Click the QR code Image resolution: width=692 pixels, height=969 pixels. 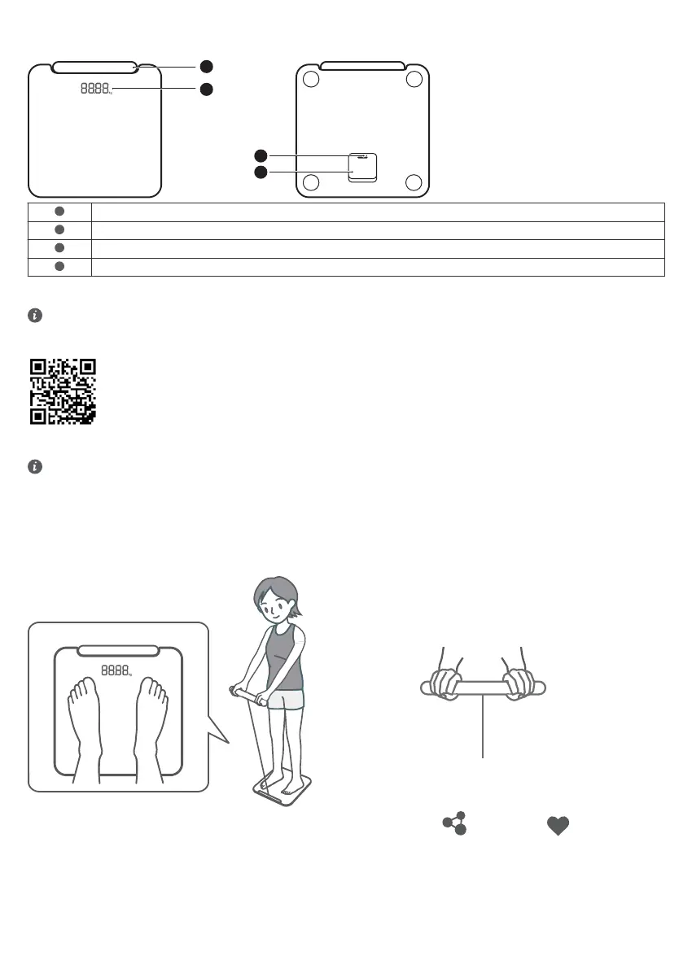(x=63, y=391)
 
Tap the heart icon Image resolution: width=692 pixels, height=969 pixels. (x=558, y=824)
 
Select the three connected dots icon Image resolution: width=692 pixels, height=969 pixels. (x=455, y=823)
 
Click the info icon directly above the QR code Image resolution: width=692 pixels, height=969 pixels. (x=35, y=316)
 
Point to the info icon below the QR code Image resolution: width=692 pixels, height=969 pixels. (x=35, y=467)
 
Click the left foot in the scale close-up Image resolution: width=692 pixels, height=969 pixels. (x=83, y=720)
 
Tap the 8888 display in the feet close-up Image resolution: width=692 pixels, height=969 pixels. (x=116, y=671)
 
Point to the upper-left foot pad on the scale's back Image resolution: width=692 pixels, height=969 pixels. (x=310, y=79)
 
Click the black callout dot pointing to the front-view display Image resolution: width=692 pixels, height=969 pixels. (x=207, y=89)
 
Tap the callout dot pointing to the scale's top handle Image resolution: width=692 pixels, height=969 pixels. (x=207, y=66)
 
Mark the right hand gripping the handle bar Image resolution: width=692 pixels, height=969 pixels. (x=519, y=684)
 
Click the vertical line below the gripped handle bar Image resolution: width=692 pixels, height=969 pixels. (x=484, y=728)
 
